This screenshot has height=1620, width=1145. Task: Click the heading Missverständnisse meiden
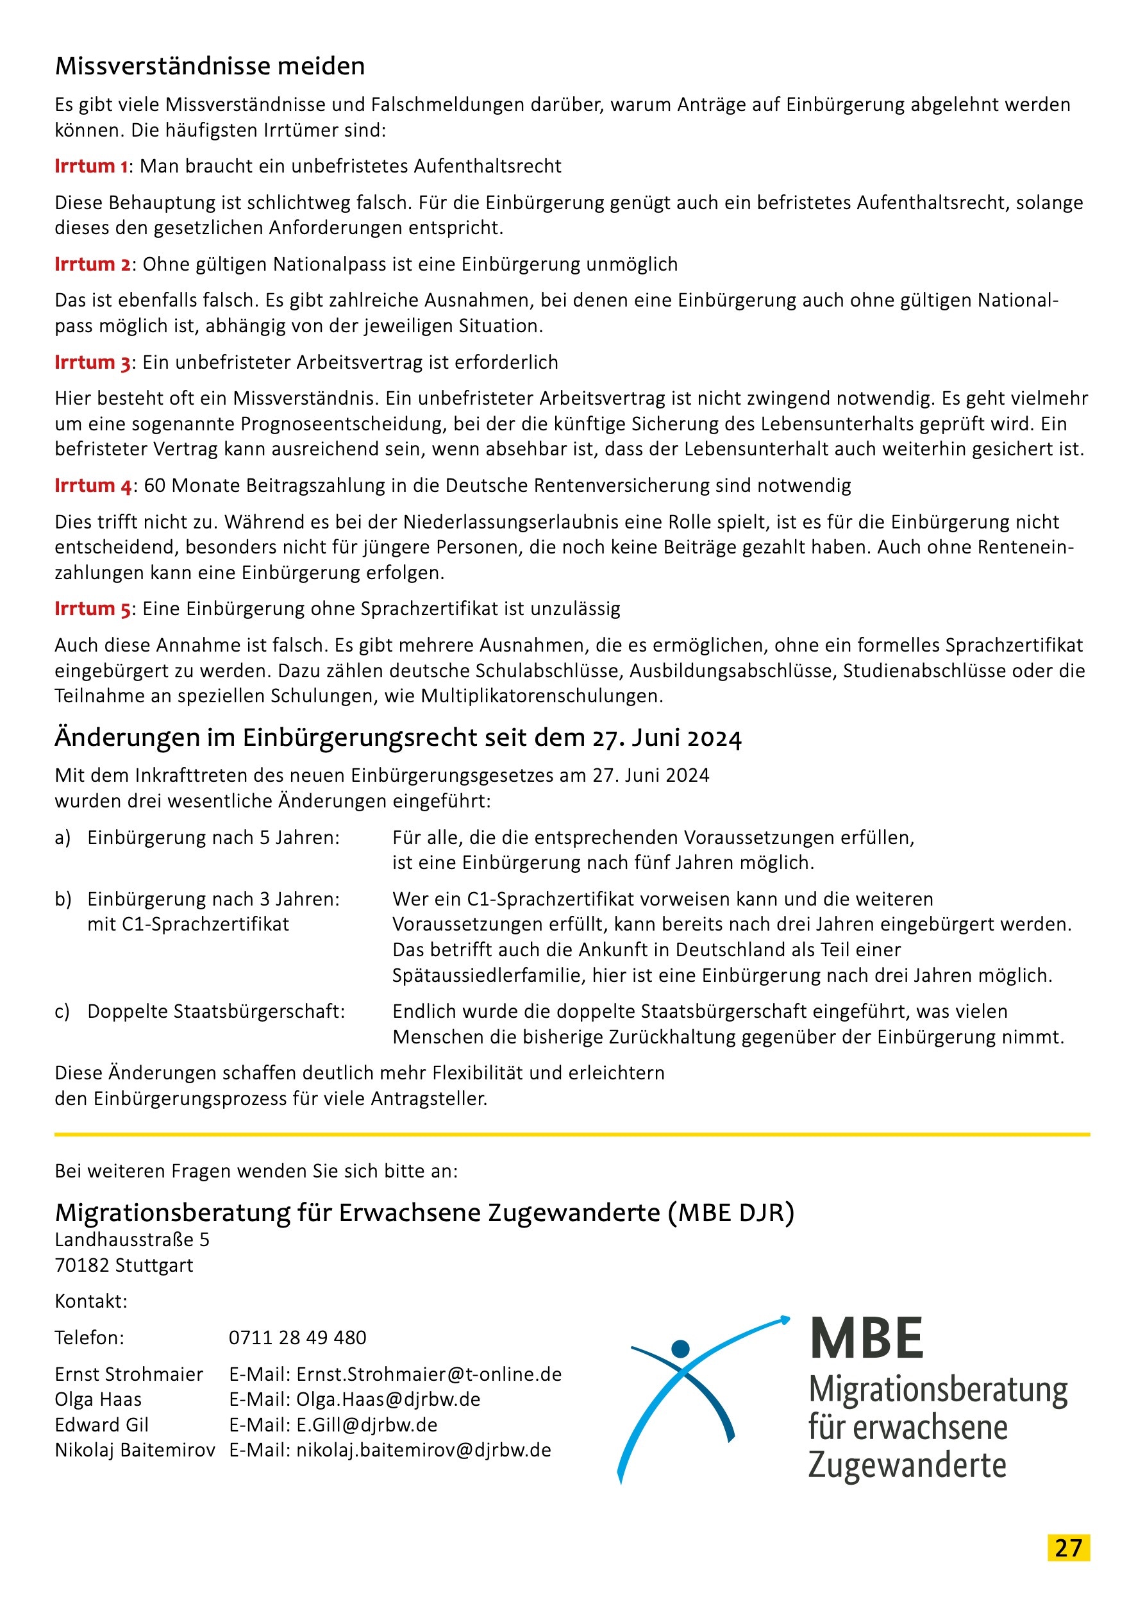click(210, 66)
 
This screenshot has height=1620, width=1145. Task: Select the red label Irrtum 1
click(91, 167)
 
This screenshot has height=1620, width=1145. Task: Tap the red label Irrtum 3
click(92, 362)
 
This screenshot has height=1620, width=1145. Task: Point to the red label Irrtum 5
click(92, 609)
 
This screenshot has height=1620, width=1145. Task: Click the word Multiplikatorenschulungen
click(542, 696)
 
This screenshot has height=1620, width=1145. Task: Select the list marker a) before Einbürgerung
click(63, 838)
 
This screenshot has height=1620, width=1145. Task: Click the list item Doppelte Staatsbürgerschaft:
click(216, 1012)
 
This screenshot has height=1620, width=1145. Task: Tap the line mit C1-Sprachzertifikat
click(188, 924)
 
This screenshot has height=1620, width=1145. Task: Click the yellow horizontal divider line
click(572, 1135)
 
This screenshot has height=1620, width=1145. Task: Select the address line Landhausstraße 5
click(132, 1240)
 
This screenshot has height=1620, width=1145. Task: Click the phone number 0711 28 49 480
click(297, 1338)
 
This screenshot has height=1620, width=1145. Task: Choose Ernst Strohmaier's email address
click(429, 1374)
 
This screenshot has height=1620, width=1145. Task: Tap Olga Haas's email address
click(388, 1400)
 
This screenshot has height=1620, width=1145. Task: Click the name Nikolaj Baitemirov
click(135, 1451)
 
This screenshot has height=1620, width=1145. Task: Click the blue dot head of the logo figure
click(680, 1349)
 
